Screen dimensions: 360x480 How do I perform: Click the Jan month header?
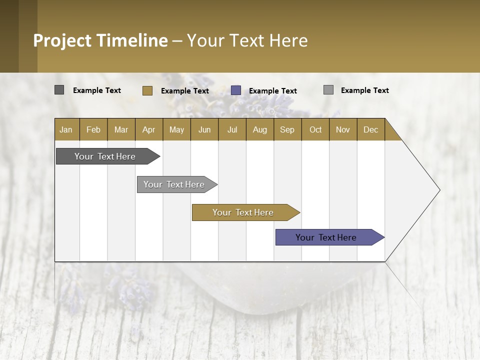point(66,129)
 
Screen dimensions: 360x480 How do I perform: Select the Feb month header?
point(93,129)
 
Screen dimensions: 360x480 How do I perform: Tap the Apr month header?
point(148,129)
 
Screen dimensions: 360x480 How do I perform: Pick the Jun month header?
point(204,129)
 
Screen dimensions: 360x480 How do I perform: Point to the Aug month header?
point(259,129)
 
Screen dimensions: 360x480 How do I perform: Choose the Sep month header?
point(287,129)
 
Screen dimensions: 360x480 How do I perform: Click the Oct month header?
point(315,129)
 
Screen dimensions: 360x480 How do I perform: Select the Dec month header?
point(370,129)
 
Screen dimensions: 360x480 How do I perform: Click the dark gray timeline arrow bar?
point(105,156)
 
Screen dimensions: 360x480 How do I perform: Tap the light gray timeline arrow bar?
point(174,184)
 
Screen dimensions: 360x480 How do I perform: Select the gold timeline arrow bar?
point(243,212)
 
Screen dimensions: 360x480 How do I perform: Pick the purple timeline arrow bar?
point(326,237)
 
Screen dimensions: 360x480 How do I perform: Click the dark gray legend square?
point(59,90)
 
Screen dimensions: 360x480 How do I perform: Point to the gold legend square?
point(147,90)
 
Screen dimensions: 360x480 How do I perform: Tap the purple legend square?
point(236,90)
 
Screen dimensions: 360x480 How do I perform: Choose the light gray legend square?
point(328,90)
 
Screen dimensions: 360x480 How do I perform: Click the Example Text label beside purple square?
point(273,91)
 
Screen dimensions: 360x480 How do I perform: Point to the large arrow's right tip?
point(438,190)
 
